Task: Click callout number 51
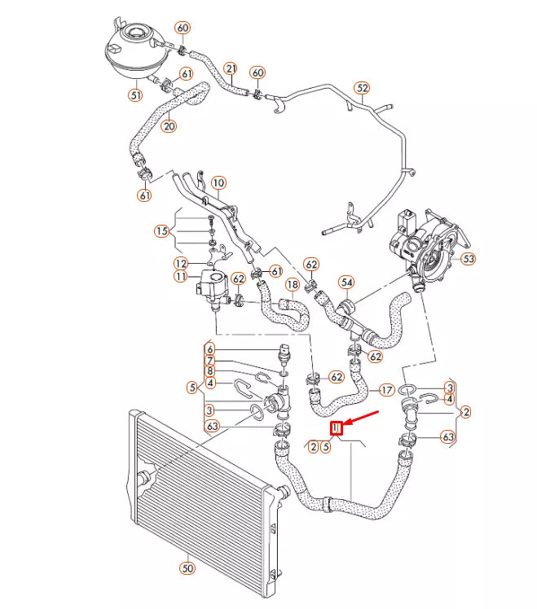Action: pyautogui.click(x=134, y=94)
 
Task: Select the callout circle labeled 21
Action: pyautogui.click(x=231, y=68)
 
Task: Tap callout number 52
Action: pyautogui.click(x=362, y=88)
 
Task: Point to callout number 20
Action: pyautogui.click(x=169, y=125)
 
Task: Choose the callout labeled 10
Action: pyautogui.click(x=218, y=183)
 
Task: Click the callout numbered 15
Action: pyautogui.click(x=163, y=231)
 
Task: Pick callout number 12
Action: pyautogui.click(x=181, y=263)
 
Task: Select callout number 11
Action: pyautogui.click(x=181, y=277)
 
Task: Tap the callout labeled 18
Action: pyautogui.click(x=292, y=284)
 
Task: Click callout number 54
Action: pyautogui.click(x=347, y=283)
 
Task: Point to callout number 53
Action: pyautogui.click(x=468, y=259)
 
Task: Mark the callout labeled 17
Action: pyautogui.click(x=386, y=390)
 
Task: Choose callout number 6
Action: pyautogui.click(x=209, y=349)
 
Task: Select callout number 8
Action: pyautogui.click(x=209, y=371)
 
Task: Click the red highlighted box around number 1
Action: pyautogui.click(x=334, y=428)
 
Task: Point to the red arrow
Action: pyautogui.click(x=363, y=419)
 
